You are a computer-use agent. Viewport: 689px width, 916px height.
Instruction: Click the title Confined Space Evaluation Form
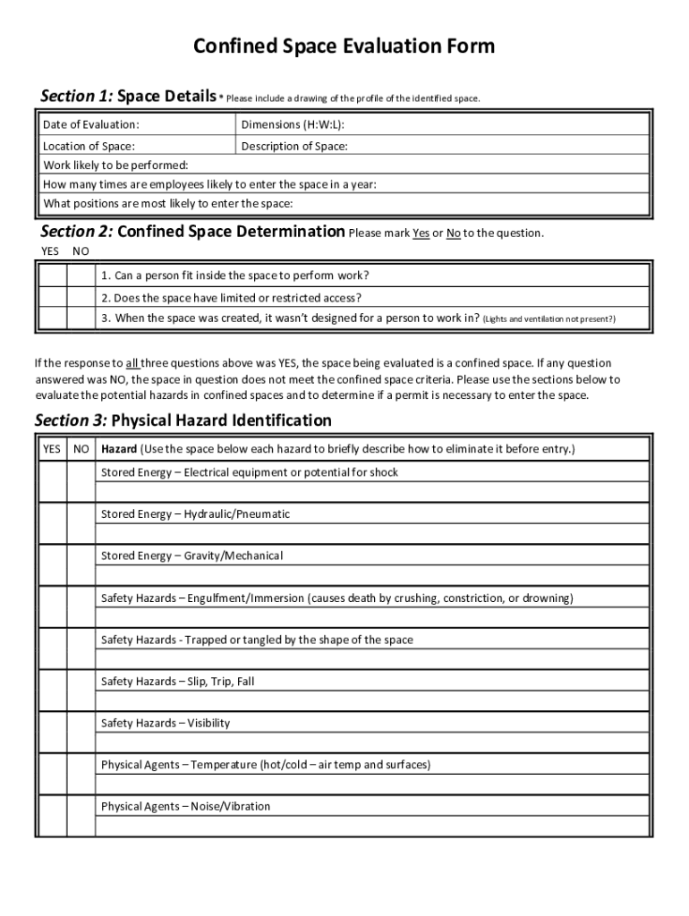pyautogui.click(x=344, y=47)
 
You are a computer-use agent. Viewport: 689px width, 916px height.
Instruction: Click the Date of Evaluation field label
pyautogui.click(x=91, y=124)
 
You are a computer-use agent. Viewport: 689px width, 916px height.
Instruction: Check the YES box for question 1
pyautogui.click(x=52, y=276)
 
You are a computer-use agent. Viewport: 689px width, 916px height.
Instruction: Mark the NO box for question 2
pyautogui.click(x=81, y=298)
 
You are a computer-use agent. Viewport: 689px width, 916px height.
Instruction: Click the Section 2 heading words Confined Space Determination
pyautogui.click(x=231, y=232)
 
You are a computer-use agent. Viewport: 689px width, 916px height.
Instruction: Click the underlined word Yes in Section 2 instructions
pyautogui.click(x=421, y=233)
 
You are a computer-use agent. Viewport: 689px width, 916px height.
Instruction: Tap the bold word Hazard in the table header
pyautogui.click(x=119, y=449)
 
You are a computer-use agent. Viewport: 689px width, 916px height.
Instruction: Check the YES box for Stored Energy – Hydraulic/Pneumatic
pyautogui.click(x=52, y=524)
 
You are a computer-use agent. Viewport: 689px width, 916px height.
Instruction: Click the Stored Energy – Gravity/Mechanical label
pyautogui.click(x=191, y=556)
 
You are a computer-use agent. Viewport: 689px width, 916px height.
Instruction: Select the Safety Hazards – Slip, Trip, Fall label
pyautogui.click(x=177, y=682)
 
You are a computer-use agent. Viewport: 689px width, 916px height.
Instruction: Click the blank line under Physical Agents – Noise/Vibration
pyautogui.click(x=372, y=827)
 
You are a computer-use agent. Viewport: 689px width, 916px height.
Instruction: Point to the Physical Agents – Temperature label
pyautogui.click(x=266, y=765)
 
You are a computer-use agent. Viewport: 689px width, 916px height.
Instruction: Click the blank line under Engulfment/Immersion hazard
pyautogui.click(x=372, y=618)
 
